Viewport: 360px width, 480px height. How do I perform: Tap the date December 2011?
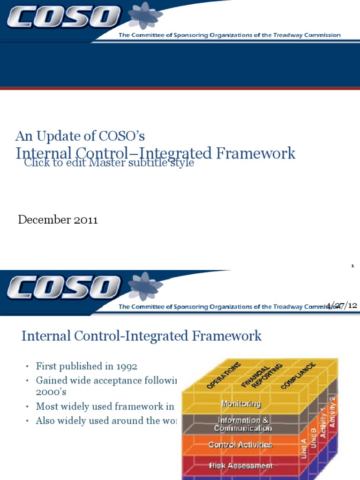tap(58, 220)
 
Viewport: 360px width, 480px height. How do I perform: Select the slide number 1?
tap(352, 266)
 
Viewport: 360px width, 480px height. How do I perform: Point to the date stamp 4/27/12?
tap(342, 305)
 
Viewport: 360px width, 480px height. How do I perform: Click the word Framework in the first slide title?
tap(259, 153)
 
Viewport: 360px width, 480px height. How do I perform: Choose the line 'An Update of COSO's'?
tap(80, 136)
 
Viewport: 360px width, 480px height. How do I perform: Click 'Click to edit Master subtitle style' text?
tap(109, 163)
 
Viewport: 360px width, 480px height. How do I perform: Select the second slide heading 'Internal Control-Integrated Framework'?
tap(142, 336)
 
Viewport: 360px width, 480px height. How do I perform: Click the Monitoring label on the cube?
tap(241, 404)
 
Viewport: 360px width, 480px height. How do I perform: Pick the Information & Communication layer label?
tap(242, 424)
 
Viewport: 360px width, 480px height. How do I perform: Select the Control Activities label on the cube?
tap(240, 444)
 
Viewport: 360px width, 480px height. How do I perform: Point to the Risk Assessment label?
tap(241, 465)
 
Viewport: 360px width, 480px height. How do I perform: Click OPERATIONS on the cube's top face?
tap(224, 375)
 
